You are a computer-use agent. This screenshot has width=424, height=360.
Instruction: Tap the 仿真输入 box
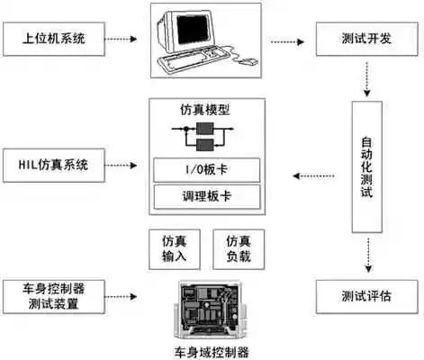pyautogui.click(x=174, y=248)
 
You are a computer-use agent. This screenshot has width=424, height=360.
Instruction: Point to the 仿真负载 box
pyautogui.click(x=238, y=248)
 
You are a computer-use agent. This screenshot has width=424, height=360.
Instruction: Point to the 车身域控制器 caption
pyautogui.click(x=212, y=351)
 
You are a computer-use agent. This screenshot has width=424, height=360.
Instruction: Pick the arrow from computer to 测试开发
pyautogui.click(x=289, y=40)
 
